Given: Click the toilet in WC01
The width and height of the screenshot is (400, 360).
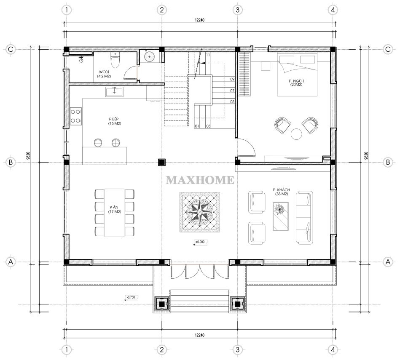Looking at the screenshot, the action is (x=115, y=60).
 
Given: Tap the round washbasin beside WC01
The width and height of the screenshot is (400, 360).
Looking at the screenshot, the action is (x=149, y=56).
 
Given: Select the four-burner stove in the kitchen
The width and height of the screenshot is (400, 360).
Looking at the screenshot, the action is (x=76, y=116).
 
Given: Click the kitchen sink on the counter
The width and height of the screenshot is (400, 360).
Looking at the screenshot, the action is (x=114, y=92).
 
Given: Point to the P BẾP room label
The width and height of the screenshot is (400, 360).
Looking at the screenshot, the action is (x=114, y=121).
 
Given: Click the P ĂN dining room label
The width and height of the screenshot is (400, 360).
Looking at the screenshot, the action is (x=114, y=209).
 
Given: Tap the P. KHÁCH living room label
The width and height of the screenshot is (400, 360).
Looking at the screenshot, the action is (x=282, y=192).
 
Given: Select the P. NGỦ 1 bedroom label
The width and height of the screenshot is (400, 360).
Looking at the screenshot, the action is (x=296, y=83).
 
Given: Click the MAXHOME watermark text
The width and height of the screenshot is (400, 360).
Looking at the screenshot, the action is (x=200, y=180).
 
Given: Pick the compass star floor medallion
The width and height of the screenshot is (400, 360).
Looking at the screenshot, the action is (x=200, y=212).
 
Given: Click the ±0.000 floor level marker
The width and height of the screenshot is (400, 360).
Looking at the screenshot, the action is (x=200, y=242).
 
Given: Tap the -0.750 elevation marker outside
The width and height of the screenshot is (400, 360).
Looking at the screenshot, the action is (x=131, y=297).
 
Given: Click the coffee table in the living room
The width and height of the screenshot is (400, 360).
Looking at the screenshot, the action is (x=281, y=216).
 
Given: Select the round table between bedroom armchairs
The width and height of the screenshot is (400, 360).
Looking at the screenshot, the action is (x=296, y=134).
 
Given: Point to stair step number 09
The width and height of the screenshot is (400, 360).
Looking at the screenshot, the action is (x=232, y=79).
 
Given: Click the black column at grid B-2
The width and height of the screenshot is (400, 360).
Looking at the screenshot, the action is (x=162, y=162).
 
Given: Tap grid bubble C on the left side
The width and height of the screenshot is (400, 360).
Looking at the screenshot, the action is (x=11, y=49).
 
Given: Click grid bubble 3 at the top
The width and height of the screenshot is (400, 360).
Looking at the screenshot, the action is (x=237, y=10).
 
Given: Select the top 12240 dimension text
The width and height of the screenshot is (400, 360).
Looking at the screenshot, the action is (x=200, y=20).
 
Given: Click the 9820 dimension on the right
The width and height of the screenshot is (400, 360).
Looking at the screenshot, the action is (x=366, y=156).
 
